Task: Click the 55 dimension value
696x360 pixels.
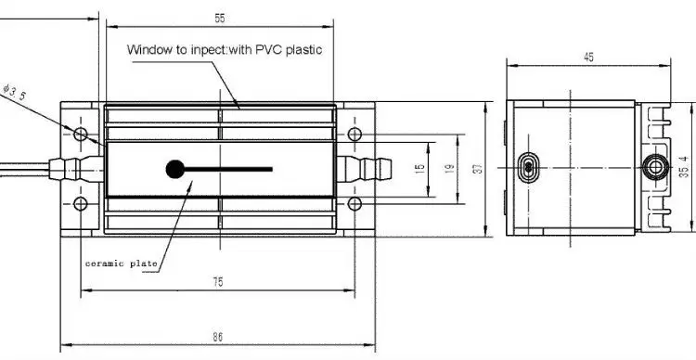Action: pyautogui.click(x=220, y=19)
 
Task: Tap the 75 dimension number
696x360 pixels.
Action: pyautogui.click(x=218, y=282)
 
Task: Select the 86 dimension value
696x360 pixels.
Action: pyautogui.click(x=217, y=338)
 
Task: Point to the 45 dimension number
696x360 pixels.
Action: pyautogui.click(x=588, y=58)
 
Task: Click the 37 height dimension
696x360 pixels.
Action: pyautogui.click(x=478, y=169)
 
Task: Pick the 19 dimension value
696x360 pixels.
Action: pyautogui.click(x=450, y=169)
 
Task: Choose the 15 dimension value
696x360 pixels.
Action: pyautogui.click(x=419, y=169)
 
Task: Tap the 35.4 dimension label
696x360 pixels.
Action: pyautogui.click(x=684, y=167)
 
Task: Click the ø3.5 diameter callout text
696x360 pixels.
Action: pyautogui.click(x=15, y=92)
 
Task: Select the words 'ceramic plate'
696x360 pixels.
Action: pyautogui.click(x=122, y=264)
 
